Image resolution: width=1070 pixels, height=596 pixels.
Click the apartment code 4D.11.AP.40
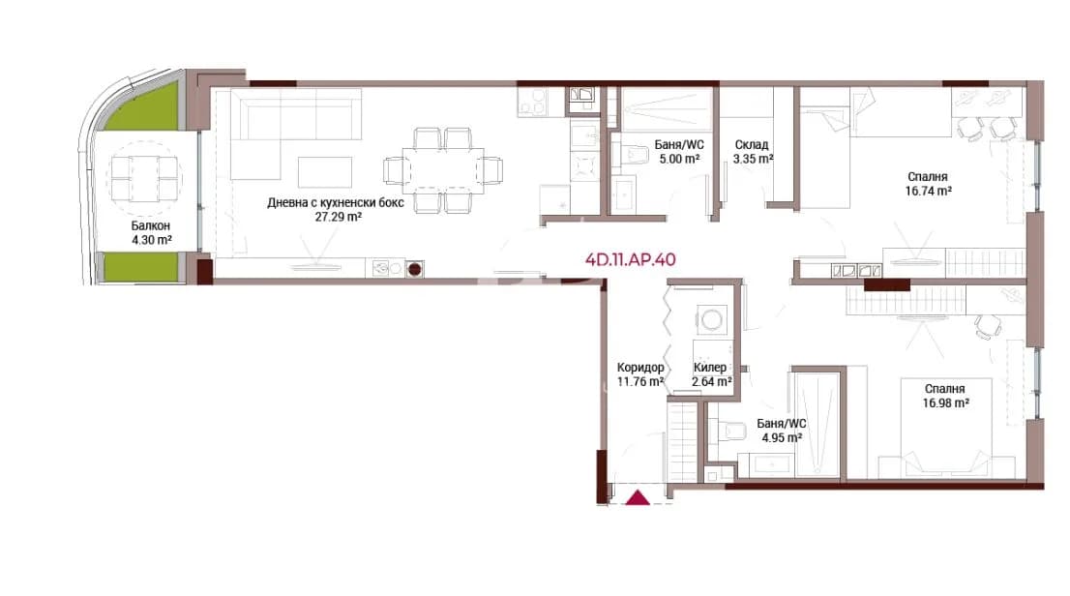[x=631, y=259]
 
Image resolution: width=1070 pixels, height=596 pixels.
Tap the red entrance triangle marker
[x=639, y=497]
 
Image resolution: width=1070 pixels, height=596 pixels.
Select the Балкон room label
[x=151, y=225]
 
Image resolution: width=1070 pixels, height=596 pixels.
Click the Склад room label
[x=752, y=145]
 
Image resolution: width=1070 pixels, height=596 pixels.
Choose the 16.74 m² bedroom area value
[x=928, y=192]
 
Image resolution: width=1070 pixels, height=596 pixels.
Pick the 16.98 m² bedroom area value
[x=946, y=402]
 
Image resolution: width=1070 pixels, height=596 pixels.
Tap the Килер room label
[x=710, y=368]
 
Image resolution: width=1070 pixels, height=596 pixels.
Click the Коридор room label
[x=640, y=368]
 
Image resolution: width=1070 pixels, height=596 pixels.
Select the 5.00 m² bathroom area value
[x=679, y=159]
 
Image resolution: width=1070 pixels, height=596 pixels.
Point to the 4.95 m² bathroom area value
[x=782, y=437]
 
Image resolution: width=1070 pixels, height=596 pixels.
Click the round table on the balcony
[x=144, y=179]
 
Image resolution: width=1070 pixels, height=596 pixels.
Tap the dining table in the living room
[x=443, y=170]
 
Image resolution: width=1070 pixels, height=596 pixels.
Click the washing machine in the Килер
[x=712, y=319]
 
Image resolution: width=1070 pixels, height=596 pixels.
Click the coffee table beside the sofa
[x=325, y=172]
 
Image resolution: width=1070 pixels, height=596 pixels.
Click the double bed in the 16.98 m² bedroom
[x=946, y=427]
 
